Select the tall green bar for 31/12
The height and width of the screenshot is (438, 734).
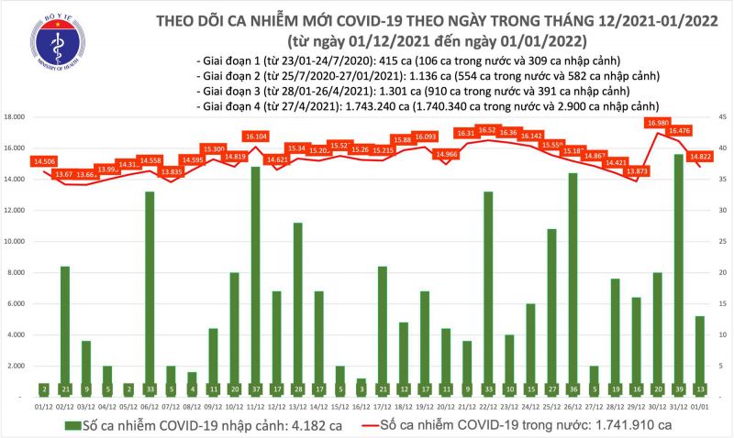[x=678, y=275]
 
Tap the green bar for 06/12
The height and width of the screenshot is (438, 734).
[x=150, y=293]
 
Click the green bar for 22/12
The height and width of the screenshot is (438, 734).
[x=489, y=293]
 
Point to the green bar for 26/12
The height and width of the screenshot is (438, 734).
[x=573, y=284]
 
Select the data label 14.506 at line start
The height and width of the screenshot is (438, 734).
[x=43, y=161]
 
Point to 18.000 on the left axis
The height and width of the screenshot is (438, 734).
[x=16, y=117]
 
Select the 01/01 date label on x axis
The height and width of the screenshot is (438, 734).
[x=699, y=405]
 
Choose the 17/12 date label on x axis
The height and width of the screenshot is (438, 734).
[x=382, y=405]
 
